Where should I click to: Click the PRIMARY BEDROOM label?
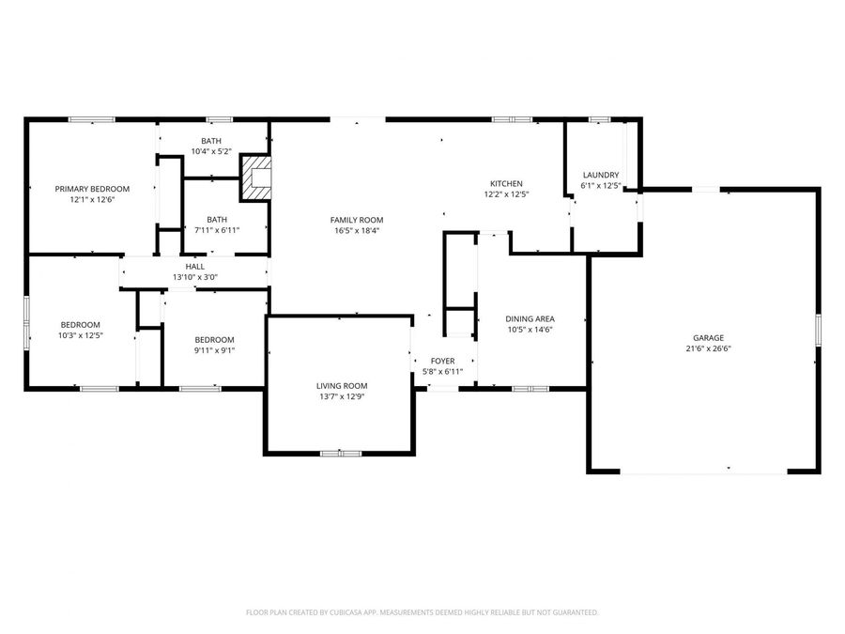pyautogui.click(x=92, y=189)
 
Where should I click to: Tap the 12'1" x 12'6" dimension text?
pyautogui.click(x=92, y=200)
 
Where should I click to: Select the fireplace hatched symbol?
pyautogui.click(x=256, y=178)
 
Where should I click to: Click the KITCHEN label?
pyautogui.click(x=506, y=183)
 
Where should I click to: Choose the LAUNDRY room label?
pyautogui.click(x=601, y=175)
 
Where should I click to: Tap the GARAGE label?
pyautogui.click(x=709, y=337)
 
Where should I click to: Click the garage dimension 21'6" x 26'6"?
pyautogui.click(x=709, y=348)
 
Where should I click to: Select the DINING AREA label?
pyautogui.click(x=530, y=318)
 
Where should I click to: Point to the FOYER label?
pyautogui.click(x=442, y=361)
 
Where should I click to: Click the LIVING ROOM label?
pyautogui.click(x=341, y=385)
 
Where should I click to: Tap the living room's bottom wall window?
pyautogui.click(x=341, y=454)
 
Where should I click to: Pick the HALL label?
pyautogui.click(x=194, y=266)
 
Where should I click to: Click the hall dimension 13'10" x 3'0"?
pyautogui.click(x=194, y=277)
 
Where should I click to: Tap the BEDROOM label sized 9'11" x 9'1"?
pyautogui.click(x=214, y=339)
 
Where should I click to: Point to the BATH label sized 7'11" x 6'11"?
pyautogui.click(x=217, y=219)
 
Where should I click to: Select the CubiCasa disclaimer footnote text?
pyautogui.click(x=422, y=612)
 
